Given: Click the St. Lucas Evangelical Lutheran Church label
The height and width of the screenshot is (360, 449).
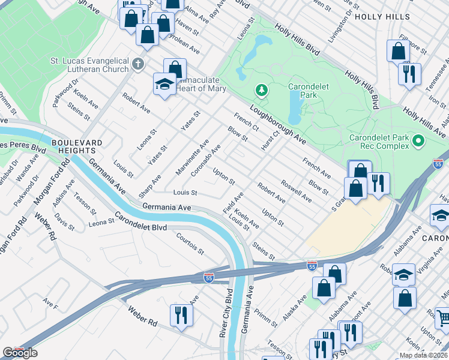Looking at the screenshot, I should coord(89,66).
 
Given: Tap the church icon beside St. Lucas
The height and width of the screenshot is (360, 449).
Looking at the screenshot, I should coord(137,64).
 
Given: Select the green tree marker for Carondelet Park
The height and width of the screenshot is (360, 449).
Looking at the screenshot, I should coord(261,91).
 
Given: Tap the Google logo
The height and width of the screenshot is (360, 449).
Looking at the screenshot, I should coord(19,353).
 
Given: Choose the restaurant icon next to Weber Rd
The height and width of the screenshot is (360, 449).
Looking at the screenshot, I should coord(181,315).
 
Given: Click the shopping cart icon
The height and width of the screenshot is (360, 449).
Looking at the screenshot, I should coord(443,316).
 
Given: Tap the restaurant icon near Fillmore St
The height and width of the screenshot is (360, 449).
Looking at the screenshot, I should coord(409,74).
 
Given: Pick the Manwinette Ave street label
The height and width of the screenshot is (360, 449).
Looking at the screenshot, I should coord(192,154).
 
